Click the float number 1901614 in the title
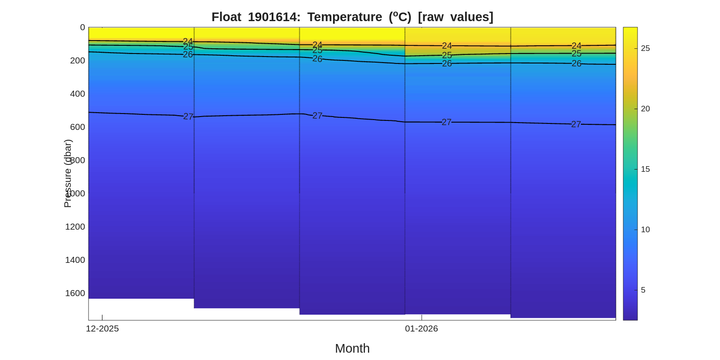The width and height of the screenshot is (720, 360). coord(274,17)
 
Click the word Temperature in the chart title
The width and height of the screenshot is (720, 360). coord(344,17)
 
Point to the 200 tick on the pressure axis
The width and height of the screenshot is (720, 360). coord(78,61)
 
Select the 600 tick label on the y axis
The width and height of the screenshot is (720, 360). coord(78,127)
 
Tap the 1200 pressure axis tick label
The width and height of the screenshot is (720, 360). coord(75,227)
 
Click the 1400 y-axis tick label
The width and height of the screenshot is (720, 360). coord(75,260)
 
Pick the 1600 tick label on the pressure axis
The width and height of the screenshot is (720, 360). coord(75,294)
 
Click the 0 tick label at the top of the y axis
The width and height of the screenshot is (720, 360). coord(82,28)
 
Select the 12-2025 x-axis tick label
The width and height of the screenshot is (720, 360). coord(102,329)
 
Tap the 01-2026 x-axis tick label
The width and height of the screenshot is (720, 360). coord(422,329)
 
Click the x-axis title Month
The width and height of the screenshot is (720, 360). coord(352,348)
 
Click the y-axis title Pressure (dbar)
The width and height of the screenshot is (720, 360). coord(68,174)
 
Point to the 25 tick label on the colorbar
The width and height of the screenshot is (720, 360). coord(645,48)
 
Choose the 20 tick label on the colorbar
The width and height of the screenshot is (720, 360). coord(645,109)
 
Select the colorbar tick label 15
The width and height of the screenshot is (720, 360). coord(645,169)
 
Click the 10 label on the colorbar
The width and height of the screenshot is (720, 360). coord(645,230)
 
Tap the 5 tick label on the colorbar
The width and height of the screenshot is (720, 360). coord(643,290)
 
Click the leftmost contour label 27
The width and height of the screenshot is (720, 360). coord(188,117)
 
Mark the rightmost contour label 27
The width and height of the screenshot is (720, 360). coord(576,124)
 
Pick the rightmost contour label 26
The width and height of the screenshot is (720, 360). coord(576,63)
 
